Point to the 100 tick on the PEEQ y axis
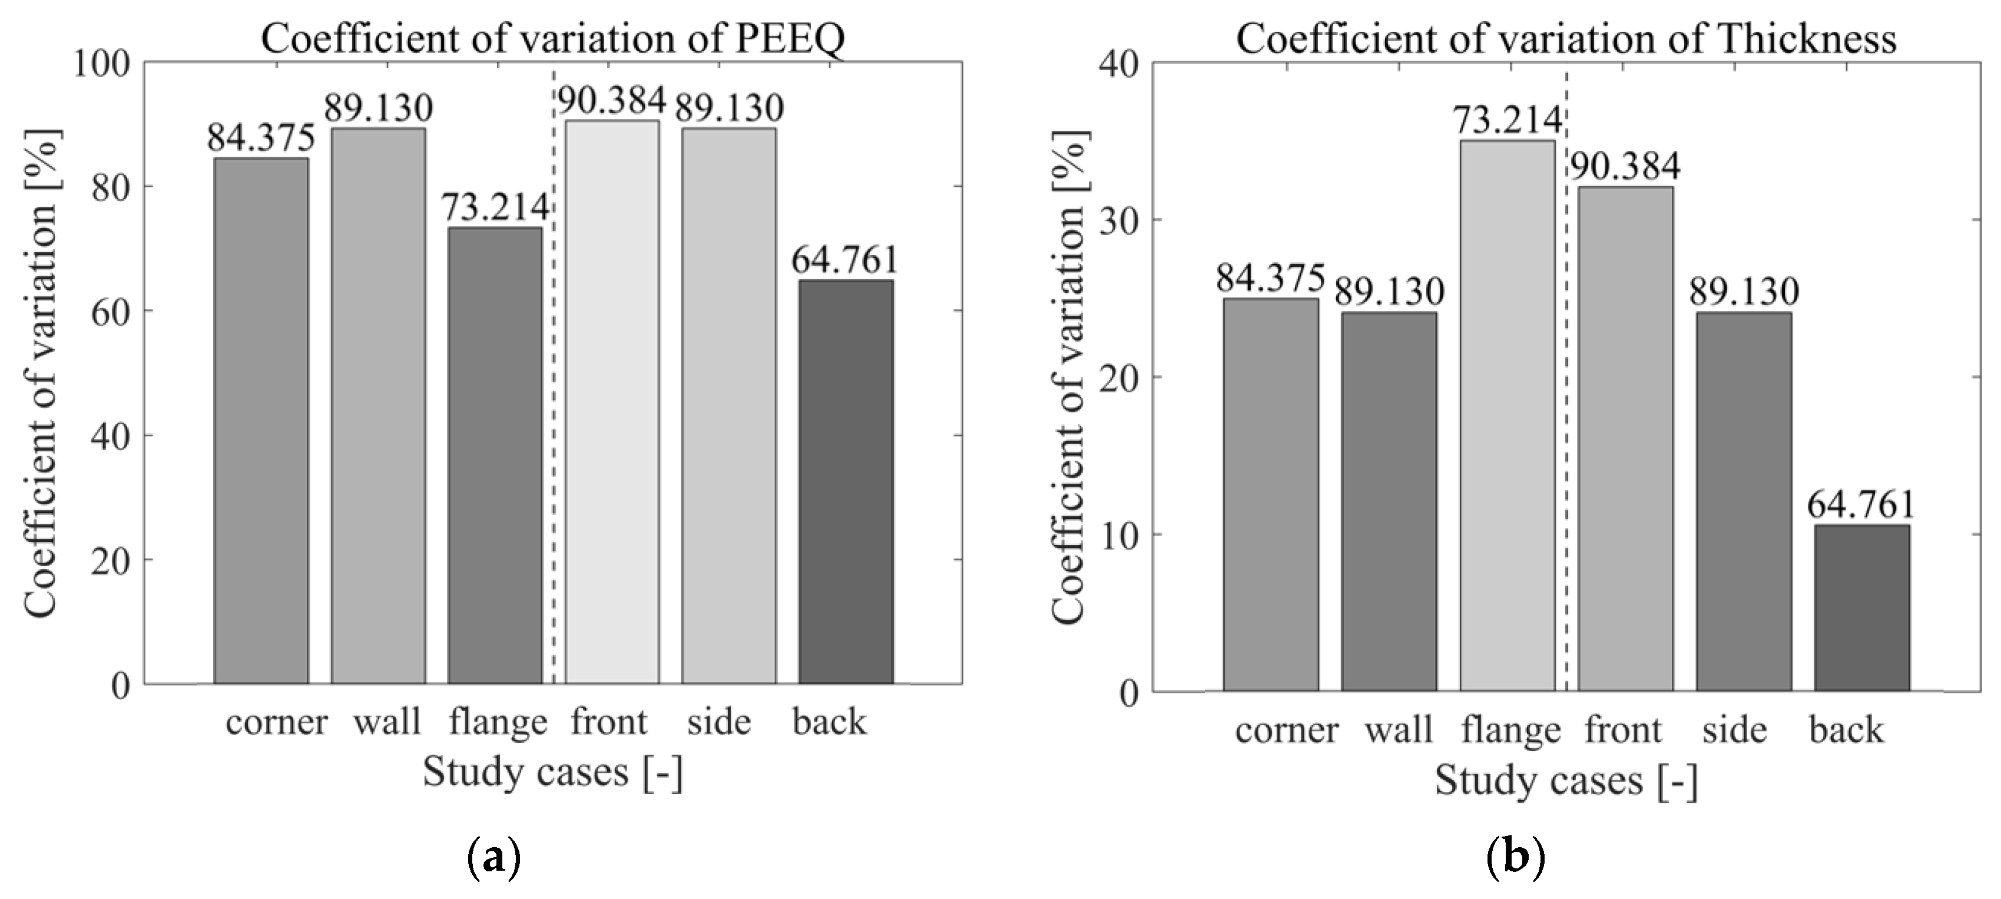(x=101, y=64)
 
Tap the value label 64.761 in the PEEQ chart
(x=844, y=260)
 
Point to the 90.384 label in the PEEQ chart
(x=612, y=100)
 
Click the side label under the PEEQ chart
(x=718, y=723)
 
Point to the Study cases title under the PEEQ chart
(x=552, y=772)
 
